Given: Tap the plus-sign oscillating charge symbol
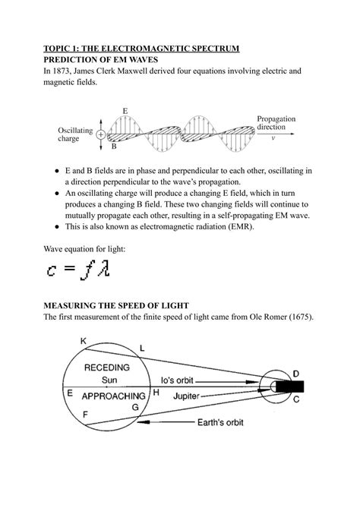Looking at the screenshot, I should tap(100, 134).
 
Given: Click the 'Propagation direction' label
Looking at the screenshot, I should tap(276, 124).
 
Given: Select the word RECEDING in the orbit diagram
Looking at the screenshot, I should tap(107, 367).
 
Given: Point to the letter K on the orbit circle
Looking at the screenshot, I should tap(83, 342).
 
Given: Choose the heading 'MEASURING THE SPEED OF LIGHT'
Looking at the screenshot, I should tap(127, 304).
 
